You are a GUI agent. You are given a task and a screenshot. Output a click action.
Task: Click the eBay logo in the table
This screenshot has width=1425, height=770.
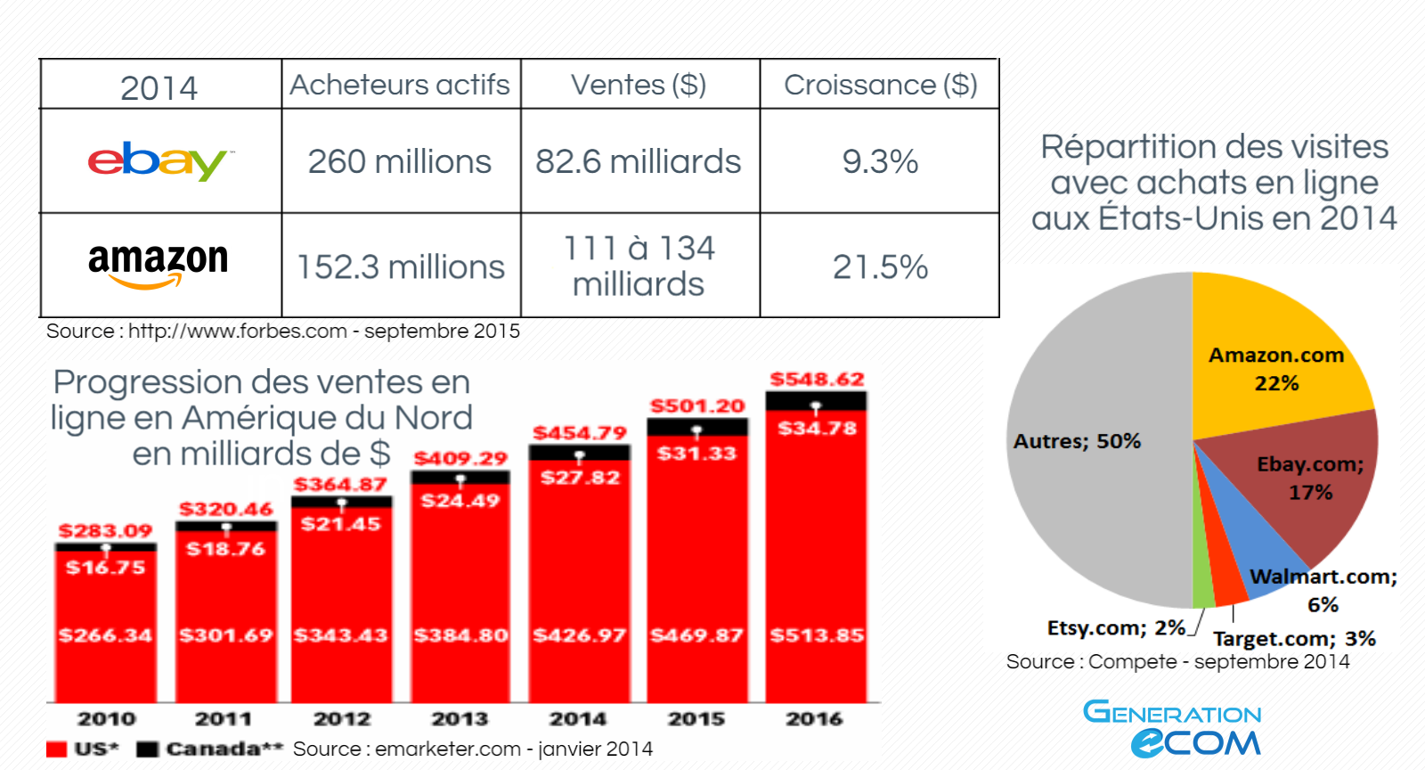coord(159,161)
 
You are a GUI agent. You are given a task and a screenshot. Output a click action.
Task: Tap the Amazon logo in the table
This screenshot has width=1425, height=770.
coord(159,265)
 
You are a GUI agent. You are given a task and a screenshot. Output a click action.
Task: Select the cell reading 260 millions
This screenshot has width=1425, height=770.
coord(400,161)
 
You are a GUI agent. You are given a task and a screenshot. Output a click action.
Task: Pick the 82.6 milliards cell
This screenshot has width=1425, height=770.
coord(639,161)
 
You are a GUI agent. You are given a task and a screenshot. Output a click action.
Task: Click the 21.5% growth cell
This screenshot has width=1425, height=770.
coord(880,266)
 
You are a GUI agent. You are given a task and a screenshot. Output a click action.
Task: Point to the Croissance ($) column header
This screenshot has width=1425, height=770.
coord(880,85)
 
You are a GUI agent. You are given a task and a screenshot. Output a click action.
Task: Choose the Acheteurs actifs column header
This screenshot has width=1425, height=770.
coord(400,85)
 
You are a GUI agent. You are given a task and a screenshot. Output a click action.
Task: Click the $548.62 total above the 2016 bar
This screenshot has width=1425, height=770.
coord(817,379)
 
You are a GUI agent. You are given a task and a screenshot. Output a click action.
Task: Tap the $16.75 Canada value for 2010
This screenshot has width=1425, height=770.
coord(105,567)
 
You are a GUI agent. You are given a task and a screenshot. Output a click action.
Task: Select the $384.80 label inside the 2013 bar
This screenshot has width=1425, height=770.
coord(460,635)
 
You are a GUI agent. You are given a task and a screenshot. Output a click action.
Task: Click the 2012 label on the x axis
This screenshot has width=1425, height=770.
coord(342,718)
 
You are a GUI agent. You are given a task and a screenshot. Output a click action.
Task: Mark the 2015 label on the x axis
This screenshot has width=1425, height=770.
coord(696,718)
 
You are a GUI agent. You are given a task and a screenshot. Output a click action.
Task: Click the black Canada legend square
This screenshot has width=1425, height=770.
coord(148,749)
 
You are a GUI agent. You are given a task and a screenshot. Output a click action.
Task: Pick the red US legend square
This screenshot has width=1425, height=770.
coord(57,749)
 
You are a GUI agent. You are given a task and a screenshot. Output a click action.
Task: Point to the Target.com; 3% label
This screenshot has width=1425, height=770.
coord(1294,639)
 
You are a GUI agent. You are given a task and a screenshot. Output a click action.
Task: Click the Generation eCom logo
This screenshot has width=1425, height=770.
coord(1173,728)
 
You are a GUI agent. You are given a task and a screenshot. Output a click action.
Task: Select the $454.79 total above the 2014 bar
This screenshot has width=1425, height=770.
coord(580,433)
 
